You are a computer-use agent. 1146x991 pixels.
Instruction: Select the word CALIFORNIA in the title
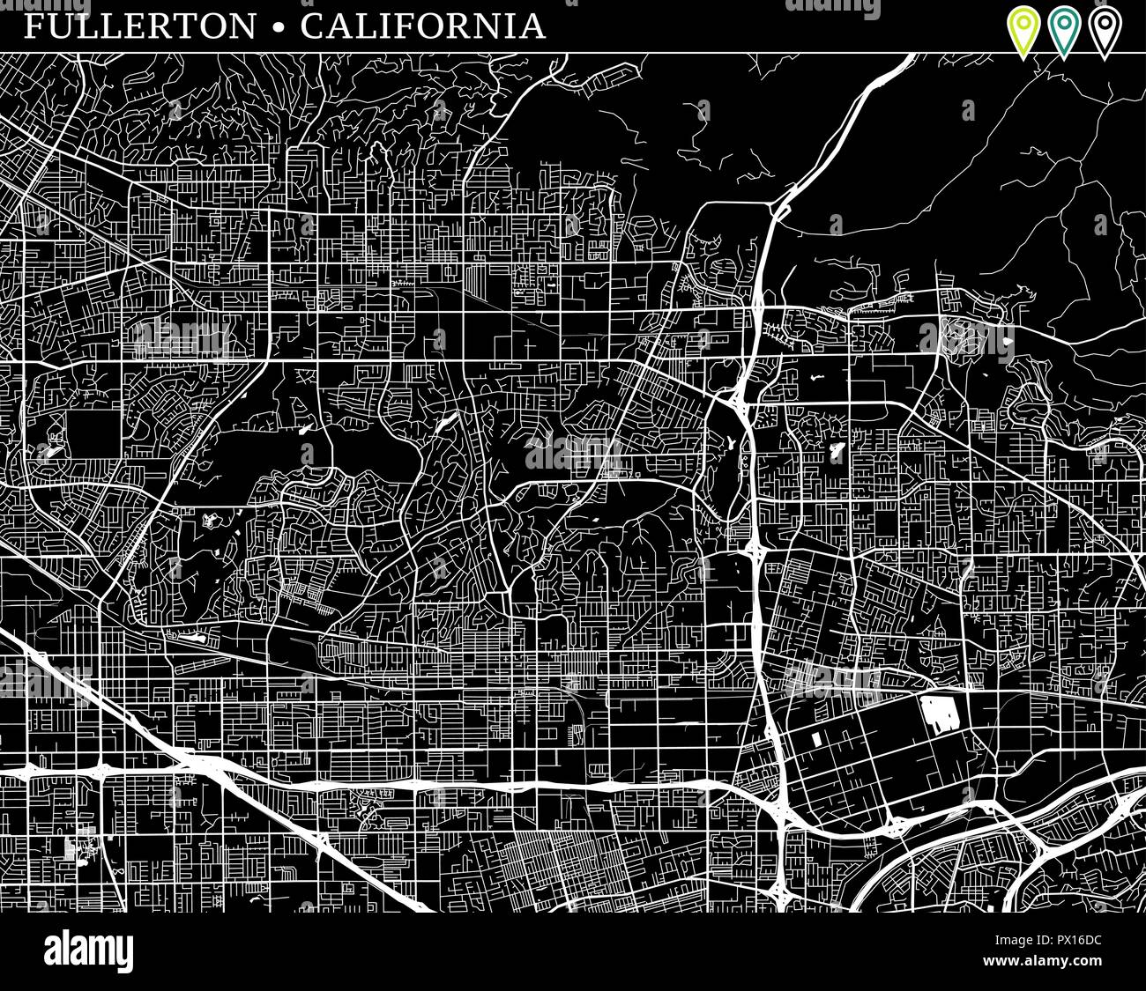click(423, 26)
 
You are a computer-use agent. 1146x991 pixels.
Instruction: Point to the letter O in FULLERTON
click(207, 26)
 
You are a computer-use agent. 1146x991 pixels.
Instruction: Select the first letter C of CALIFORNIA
click(312, 26)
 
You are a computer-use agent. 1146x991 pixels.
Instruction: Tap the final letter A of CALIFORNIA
click(532, 26)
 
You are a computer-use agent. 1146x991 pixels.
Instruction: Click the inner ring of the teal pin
click(1064, 22)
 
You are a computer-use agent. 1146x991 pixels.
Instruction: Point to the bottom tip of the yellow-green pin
click(1023, 58)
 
